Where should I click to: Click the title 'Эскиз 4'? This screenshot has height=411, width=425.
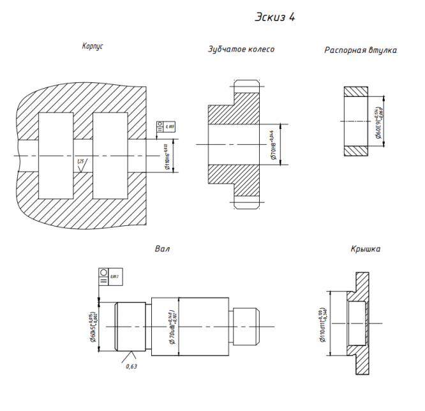click(274, 17)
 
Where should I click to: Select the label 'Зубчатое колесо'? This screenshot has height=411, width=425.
click(241, 49)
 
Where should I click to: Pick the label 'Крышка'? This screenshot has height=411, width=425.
click(365, 248)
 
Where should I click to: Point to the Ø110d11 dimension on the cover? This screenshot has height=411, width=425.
click(322, 325)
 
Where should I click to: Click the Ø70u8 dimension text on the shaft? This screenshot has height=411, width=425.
click(172, 325)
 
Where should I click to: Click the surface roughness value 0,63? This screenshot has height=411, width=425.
click(131, 366)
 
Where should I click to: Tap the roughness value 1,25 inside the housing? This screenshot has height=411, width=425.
click(80, 164)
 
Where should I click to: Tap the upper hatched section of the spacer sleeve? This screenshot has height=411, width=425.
click(356, 93)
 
